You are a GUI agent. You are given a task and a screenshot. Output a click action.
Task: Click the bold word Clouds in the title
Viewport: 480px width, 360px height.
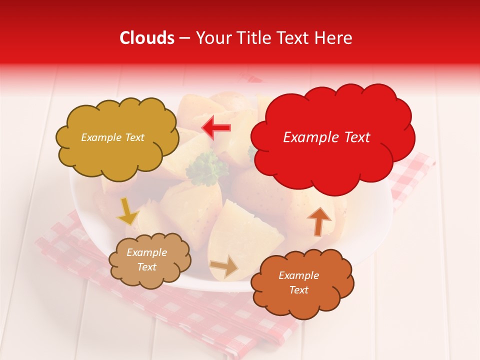click(x=147, y=38)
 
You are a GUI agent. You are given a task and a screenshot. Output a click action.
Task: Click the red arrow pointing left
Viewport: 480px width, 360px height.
click(x=216, y=128)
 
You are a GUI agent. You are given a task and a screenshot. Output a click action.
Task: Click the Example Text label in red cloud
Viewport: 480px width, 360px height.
click(x=326, y=137)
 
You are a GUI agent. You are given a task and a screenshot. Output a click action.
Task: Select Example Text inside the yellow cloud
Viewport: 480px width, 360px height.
click(x=112, y=137)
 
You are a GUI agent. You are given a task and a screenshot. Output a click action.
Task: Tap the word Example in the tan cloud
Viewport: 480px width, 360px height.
click(x=146, y=252)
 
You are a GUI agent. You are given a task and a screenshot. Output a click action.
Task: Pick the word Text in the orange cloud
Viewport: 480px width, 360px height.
click(x=298, y=290)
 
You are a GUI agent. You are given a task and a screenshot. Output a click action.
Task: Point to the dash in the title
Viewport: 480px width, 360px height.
click(x=185, y=38)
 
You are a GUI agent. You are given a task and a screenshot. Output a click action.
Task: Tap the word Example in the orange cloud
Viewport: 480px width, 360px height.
click(x=298, y=275)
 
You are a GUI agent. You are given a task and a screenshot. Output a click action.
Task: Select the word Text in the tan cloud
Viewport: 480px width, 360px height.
click(x=146, y=267)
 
